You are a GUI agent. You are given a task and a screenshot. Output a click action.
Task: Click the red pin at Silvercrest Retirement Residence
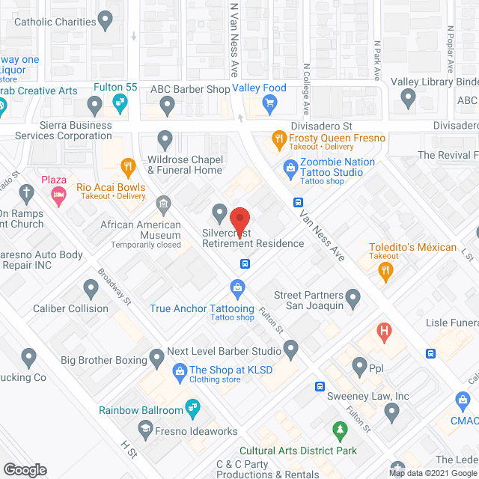click(239, 219)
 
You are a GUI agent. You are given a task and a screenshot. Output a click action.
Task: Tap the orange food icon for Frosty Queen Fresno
click(278, 138)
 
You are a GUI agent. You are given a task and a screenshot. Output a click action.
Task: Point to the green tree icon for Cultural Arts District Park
click(340, 430)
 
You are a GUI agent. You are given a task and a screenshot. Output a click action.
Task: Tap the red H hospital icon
click(385, 331)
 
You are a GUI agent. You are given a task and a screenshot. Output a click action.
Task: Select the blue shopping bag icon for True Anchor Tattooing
click(237, 288)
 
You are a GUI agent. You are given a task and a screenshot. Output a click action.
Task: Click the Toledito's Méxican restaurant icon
click(387, 273)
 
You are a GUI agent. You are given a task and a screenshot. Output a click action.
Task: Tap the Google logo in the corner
click(24, 470)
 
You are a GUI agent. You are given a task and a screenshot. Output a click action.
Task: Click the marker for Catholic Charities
click(106, 18)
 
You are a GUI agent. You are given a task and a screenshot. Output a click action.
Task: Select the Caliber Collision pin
click(91, 288)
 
